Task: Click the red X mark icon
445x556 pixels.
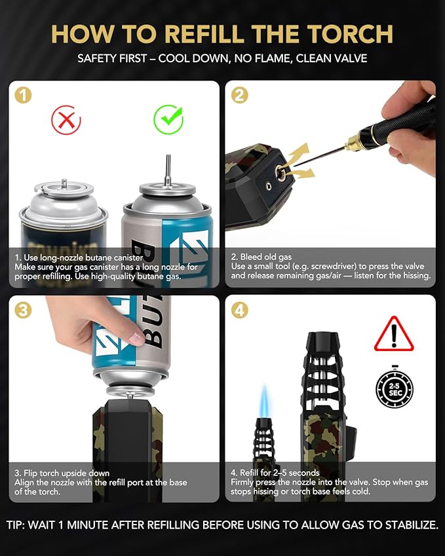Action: point(66,120)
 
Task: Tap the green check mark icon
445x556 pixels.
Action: point(168,119)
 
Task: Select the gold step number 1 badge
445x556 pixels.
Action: point(23,96)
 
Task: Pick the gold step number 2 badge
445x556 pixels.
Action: point(239,95)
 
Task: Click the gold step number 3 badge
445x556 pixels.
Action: point(23,310)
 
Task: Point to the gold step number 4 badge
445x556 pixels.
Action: point(239,310)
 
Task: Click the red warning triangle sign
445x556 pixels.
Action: point(394,334)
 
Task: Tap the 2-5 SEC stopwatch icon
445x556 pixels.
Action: point(395,388)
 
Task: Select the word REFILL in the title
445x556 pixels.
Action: point(204,34)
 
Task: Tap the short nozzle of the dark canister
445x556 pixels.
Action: point(64,183)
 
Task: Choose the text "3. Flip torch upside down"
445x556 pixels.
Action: point(62,473)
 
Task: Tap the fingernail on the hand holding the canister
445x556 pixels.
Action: point(136,338)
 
